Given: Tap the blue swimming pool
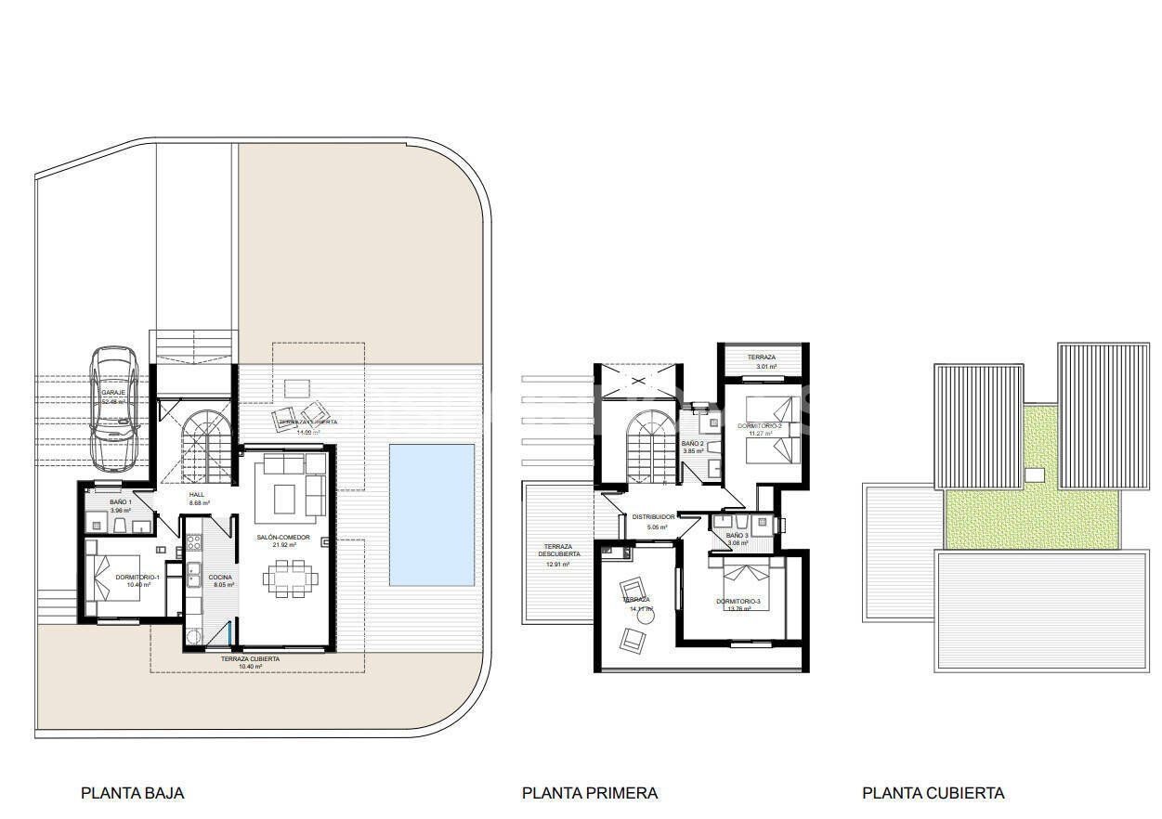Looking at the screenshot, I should (431, 514).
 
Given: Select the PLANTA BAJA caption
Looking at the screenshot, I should (133, 793).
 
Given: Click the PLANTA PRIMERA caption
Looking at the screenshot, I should (590, 793).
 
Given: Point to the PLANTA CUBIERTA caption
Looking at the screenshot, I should (933, 793).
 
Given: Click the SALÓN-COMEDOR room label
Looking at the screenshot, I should (283, 538).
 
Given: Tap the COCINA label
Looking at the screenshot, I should (221, 578).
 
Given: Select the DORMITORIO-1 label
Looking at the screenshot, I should (137, 578).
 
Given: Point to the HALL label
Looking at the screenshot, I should (197, 495).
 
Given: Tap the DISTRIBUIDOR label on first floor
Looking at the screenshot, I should (653, 517).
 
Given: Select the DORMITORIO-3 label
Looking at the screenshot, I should (738, 602).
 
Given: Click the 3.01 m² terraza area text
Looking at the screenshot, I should (765, 367).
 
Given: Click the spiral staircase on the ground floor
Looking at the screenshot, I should (198, 445).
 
